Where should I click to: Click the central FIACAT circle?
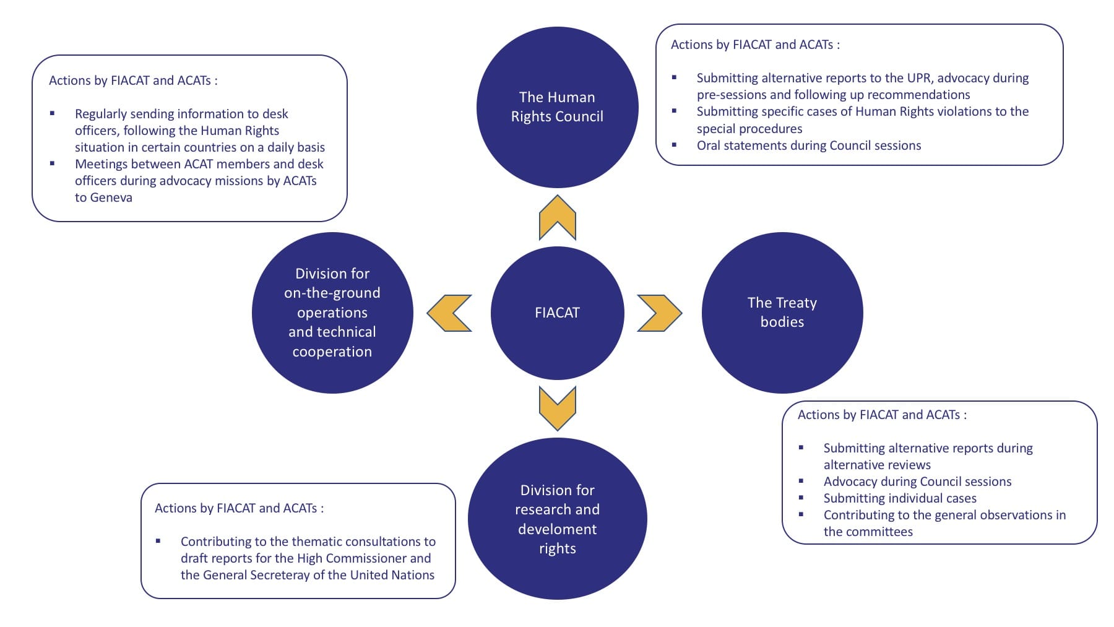(557, 313)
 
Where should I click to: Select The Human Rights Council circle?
(557, 106)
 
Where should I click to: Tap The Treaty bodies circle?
(782, 312)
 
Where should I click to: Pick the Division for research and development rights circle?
(557, 519)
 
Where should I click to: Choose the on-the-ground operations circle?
(332, 312)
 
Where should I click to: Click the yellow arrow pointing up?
(557, 218)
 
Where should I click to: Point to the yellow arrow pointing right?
(659, 313)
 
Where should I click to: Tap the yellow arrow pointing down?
(557, 408)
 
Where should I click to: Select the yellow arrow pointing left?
(450, 313)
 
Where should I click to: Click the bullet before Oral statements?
(675, 145)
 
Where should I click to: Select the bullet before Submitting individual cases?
(801, 498)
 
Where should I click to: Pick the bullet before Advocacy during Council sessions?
(801, 481)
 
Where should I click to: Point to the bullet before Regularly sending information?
(53, 113)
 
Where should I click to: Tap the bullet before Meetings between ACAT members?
(53, 163)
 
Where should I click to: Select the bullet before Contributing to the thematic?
(158, 541)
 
